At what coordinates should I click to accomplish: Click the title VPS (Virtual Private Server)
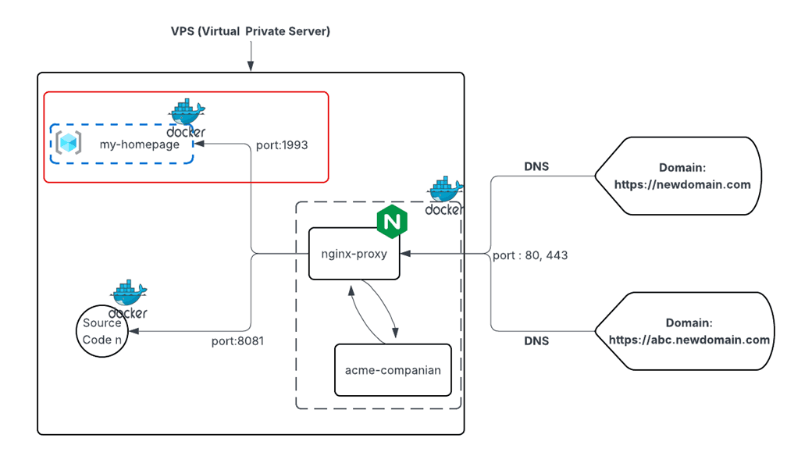251,31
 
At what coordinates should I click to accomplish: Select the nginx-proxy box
354,254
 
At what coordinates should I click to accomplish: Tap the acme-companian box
393,369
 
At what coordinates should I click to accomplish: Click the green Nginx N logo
392,222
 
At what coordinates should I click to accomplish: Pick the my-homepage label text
139,144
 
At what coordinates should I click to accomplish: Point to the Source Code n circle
102,331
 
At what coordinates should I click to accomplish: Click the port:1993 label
282,145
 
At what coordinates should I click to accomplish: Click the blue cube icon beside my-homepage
69,143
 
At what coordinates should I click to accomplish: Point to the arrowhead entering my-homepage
199,144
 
